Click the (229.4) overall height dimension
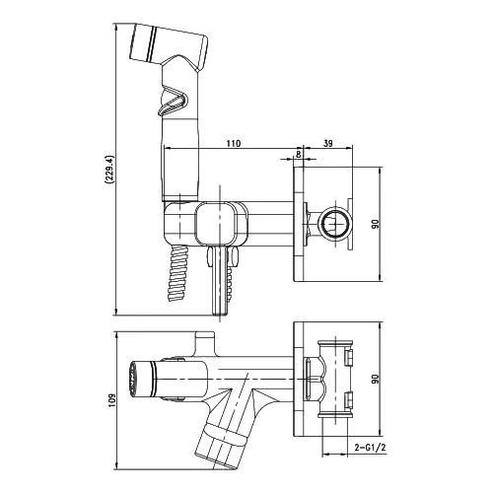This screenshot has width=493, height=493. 108,169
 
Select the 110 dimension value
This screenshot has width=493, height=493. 234,144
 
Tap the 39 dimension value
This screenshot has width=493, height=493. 327,143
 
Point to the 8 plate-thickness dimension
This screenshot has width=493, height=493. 299,154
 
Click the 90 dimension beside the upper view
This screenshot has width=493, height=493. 376,224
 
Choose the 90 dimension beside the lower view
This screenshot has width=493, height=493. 376,379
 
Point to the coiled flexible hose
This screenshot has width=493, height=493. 178,273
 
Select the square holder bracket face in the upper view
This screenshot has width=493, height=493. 215,224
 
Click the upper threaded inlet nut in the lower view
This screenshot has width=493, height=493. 349,358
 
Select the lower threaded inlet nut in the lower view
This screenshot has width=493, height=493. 349,400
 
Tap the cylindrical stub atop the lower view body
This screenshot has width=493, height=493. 206,342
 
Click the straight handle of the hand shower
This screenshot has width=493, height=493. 180,158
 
